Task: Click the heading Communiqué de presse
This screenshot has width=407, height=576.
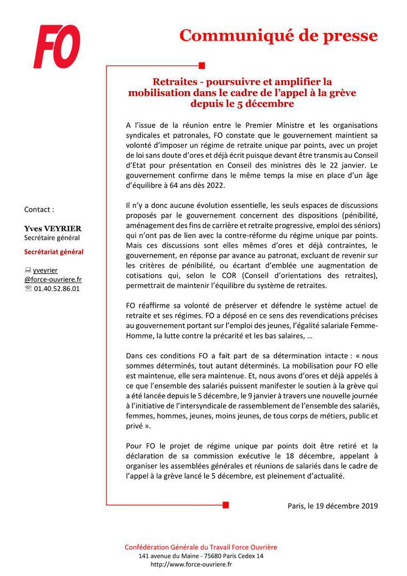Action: (x=278, y=35)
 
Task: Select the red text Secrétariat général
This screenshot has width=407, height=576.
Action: (x=54, y=252)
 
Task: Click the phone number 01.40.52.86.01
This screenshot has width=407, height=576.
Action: (x=57, y=289)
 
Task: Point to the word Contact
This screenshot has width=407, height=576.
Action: (x=39, y=210)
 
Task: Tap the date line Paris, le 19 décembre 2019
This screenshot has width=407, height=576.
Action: (x=332, y=506)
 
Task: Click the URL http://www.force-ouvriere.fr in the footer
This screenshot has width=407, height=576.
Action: (x=191, y=564)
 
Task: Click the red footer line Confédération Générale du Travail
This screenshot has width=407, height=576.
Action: (x=201, y=547)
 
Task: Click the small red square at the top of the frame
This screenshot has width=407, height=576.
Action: (x=202, y=66)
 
